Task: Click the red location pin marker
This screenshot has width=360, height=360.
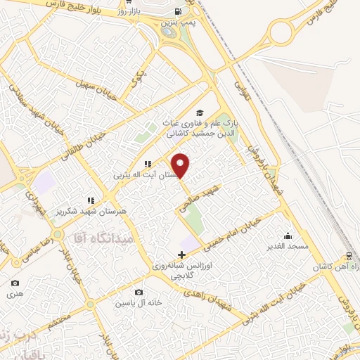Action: (x=181, y=165)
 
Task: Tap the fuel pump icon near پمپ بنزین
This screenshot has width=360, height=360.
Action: (x=179, y=11)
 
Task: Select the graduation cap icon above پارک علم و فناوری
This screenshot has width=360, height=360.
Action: (x=200, y=112)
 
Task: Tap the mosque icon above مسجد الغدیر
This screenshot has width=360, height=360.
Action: (x=288, y=236)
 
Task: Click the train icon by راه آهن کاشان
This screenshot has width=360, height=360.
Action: (x=349, y=257)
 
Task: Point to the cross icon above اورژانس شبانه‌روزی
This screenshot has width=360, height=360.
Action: (x=182, y=254)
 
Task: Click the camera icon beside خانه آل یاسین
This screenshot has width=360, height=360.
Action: (x=139, y=292)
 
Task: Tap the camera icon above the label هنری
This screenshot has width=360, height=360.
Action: (x=15, y=283)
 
